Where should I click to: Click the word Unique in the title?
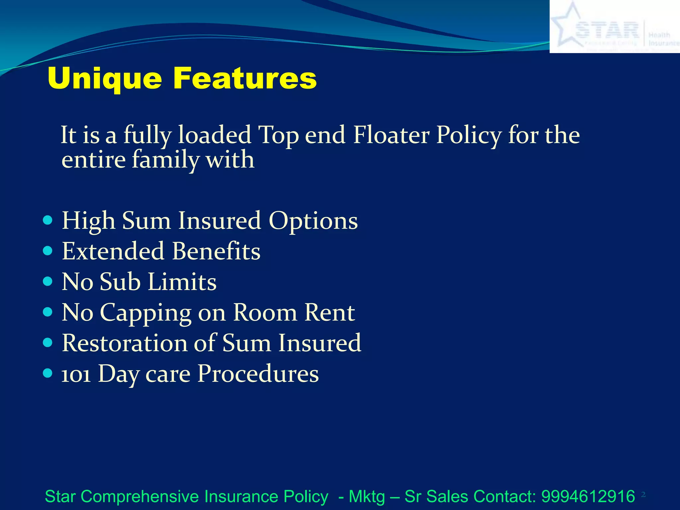pyautogui.click(x=105, y=79)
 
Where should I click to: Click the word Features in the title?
pyautogui.click(x=245, y=78)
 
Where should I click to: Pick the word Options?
pyautogui.click(x=313, y=221)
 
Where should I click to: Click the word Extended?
pyautogui.click(x=113, y=251)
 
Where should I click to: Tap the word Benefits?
pyautogui.click(x=216, y=251)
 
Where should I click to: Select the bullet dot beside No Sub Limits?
pyautogui.click(x=48, y=282)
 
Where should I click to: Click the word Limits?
pyautogui.click(x=182, y=282)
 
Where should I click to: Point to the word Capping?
pyautogui.click(x=145, y=313)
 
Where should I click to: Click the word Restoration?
pyautogui.click(x=125, y=343)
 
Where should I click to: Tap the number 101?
pyautogui.click(x=76, y=375)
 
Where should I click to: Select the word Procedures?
pyautogui.click(x=258, y=374)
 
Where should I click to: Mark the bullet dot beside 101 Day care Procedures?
pyautogui.click(x=48, y=373)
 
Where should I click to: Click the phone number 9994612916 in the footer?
pyautogui.click(x=588, y=496)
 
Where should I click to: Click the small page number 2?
pyautogui.click(x=643, y=495)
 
